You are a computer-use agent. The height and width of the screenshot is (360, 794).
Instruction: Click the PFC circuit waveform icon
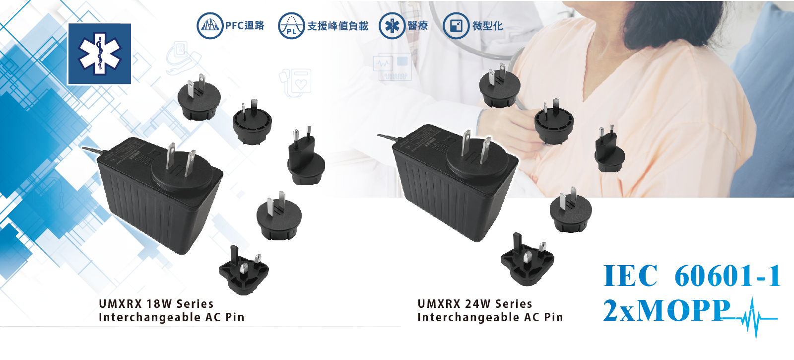point(210,25)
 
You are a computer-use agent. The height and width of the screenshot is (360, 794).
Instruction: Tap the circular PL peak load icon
point(291,25)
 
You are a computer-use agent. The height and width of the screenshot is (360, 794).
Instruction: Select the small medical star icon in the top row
point(392,25)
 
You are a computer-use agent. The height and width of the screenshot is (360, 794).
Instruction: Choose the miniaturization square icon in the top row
point(456,25)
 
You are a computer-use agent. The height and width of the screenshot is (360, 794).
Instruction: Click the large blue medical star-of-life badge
point(100,54)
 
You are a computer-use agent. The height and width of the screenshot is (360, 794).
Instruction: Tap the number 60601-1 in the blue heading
point(728,276)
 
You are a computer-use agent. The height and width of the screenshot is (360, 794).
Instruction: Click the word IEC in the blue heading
point(630,276)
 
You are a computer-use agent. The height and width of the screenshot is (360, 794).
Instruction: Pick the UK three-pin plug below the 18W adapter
point(244,270)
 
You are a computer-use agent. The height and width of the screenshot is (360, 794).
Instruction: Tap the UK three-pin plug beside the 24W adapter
point(528,259)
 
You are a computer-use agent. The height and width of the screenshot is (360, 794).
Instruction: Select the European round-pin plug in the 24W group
point(610,149)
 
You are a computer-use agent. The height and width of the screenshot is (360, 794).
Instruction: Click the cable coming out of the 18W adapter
point(93,151)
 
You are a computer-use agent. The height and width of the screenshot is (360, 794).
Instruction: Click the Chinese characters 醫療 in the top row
point(418,25)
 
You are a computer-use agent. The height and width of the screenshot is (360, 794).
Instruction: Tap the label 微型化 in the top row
point(488,26)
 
